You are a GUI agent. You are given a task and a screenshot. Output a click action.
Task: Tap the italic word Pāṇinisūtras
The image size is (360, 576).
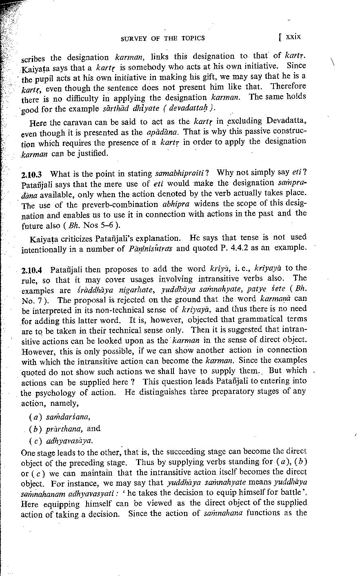[x=142, y=248]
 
